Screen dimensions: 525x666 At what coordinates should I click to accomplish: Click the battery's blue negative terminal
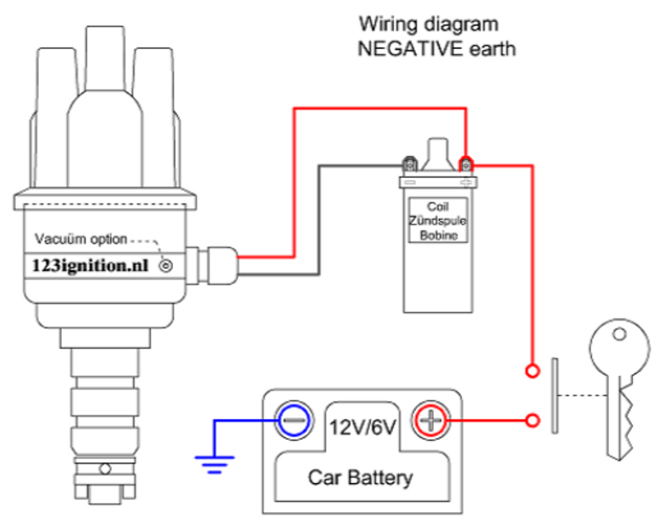tap(294, 420)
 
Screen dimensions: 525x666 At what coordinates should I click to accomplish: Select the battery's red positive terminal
tap(431, 420)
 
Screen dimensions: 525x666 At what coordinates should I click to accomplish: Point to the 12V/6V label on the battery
tap(362, 427)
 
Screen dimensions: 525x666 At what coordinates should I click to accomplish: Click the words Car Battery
tap(360, 477)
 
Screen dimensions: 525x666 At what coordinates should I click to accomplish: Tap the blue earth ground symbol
tap(214, 463)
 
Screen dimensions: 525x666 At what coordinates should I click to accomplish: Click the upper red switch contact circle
tap(532, 371)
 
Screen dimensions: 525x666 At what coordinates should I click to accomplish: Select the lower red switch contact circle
tap(532, 420)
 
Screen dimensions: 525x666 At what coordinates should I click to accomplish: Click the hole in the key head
tap(619, 334)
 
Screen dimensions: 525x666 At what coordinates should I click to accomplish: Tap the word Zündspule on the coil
tap(438, 221)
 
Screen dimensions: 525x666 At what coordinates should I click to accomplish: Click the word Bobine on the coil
tap(439, 235)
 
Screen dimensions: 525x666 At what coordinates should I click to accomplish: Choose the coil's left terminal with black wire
tap(411, 165)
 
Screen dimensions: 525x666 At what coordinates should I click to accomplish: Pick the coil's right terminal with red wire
tap(466, 165)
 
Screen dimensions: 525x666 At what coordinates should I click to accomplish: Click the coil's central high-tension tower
tap(438, 153)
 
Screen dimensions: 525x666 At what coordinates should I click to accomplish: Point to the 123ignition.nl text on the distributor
tap(90, 266)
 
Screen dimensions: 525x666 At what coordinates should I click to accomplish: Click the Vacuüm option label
tap(81, 239)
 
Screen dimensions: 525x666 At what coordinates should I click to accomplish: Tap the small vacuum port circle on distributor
tap(166, 266)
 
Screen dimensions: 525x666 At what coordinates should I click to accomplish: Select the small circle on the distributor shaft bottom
tap(105, 469)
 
